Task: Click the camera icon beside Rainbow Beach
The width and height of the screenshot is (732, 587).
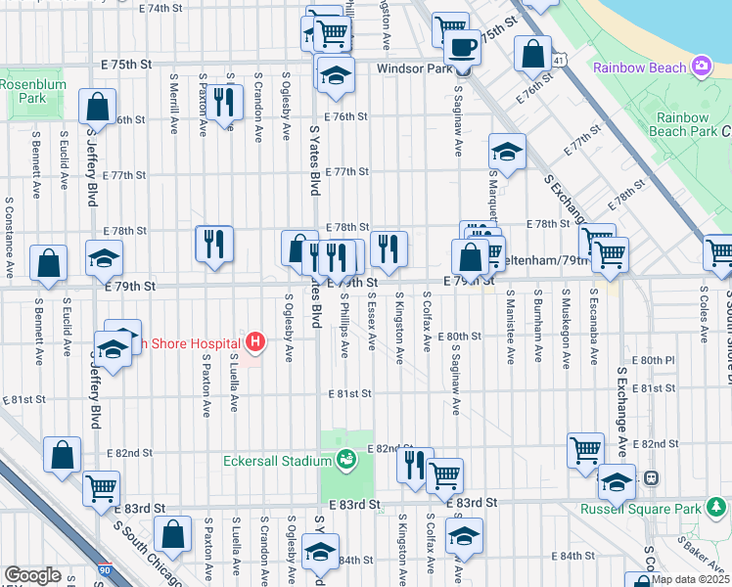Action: (701, 67)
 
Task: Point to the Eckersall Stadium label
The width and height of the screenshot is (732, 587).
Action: (277, 459)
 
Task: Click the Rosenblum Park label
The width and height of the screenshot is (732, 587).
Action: (23, 91)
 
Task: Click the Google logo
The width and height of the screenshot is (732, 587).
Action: (32, 575)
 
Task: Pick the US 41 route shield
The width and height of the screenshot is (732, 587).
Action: (558, 61)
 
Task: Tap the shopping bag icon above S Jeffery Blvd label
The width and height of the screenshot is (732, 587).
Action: (98, 106)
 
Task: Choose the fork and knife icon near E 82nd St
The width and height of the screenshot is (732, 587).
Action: (415, 465)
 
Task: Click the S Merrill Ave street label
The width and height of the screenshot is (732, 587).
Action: (173, 101)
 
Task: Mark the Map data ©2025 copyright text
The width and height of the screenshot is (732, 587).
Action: (690, 579)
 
